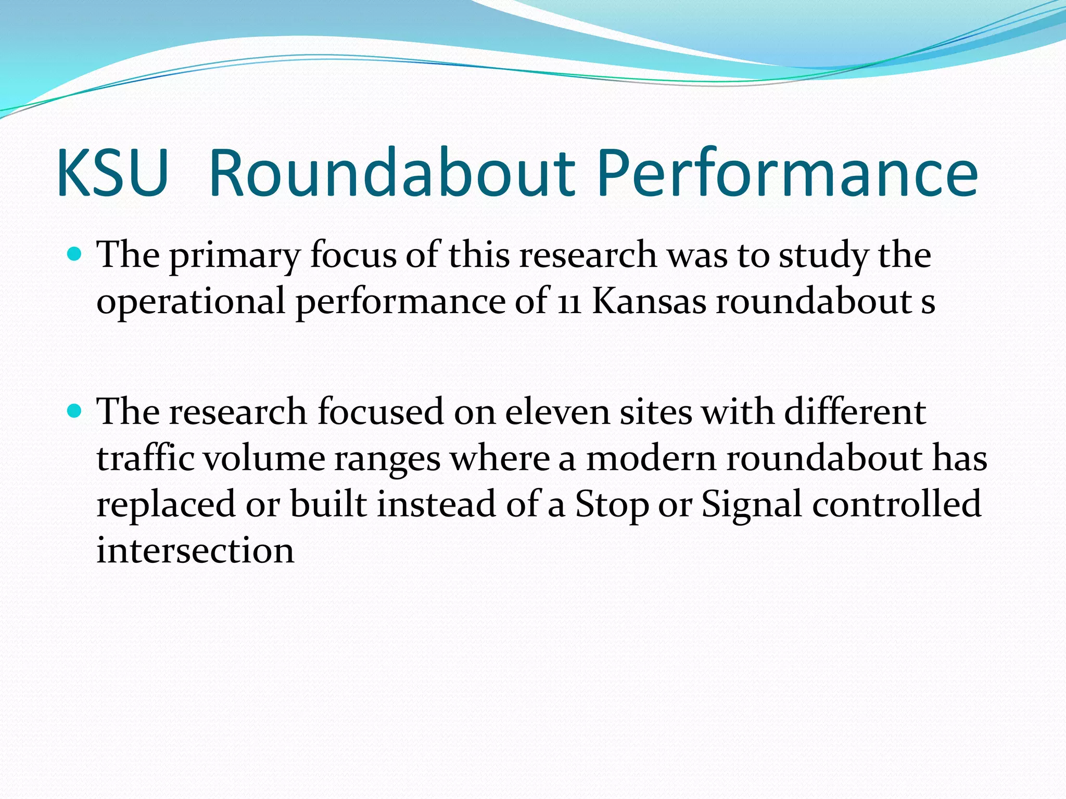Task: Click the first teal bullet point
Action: (75, 255)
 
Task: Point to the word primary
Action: (235, 256)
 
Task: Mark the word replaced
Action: (166, 505)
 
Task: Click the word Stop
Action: (612, 505)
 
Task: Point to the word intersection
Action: (195, 550)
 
